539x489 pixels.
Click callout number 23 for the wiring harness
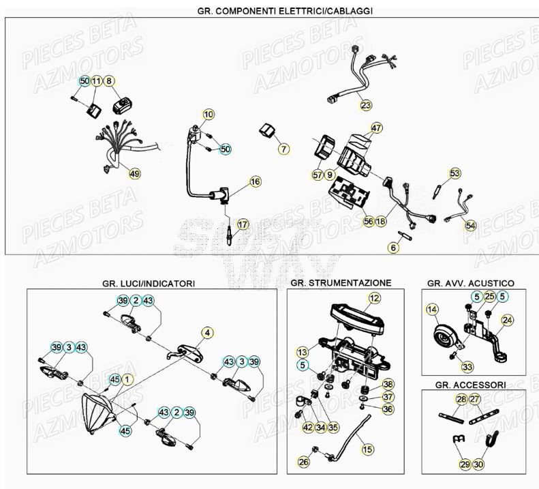(x=367, y=105)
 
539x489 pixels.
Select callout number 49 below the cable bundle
(x=134, y=174)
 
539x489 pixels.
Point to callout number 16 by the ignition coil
(x=236, y=182)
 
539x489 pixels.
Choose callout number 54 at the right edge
(x=471, y=224)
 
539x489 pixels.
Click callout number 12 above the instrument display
(x=374, y=297)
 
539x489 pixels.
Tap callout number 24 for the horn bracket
(x=506, y=319)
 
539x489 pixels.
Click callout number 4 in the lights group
(x=206, y=332)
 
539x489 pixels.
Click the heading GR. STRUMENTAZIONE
(x=340, y=282)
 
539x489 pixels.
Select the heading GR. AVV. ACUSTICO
(x=470, y=282)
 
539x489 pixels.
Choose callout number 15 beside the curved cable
(x=368, y=449)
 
